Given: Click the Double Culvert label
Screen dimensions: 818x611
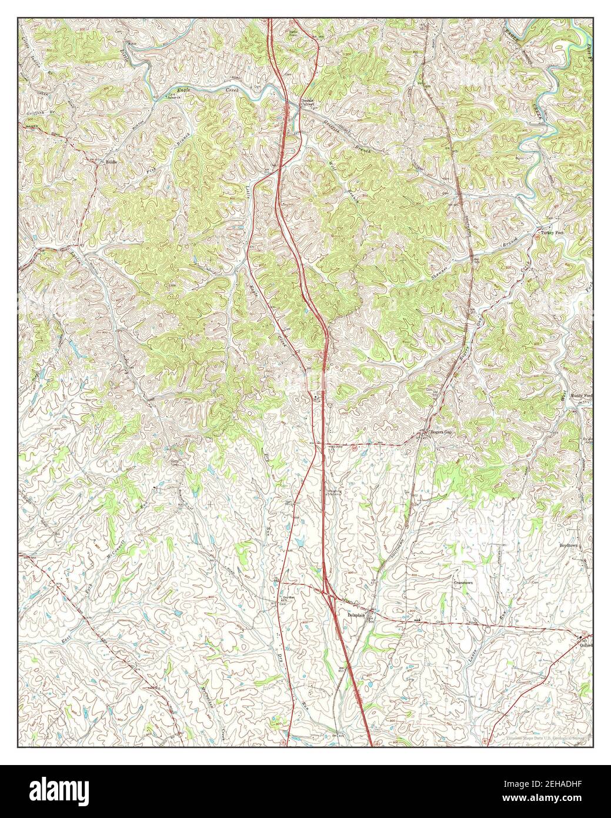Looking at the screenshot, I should coord(308,102).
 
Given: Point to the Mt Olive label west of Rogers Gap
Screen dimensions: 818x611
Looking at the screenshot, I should coord(333,448).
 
